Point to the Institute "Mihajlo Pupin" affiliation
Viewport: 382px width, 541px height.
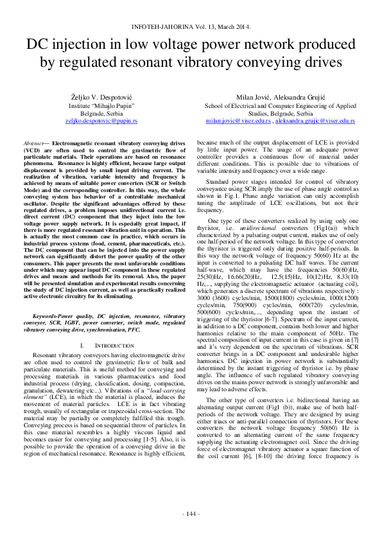[101, 104]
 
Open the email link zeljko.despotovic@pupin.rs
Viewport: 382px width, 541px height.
[101, 120]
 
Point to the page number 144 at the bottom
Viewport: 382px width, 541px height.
[191, 514]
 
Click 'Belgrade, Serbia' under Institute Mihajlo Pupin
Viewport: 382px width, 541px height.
[101, 112]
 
